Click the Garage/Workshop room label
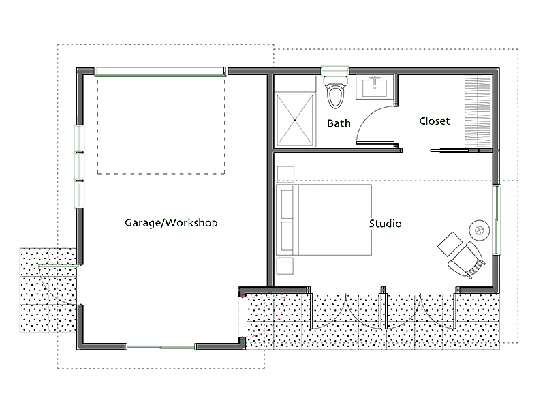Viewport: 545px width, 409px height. click(171, 223)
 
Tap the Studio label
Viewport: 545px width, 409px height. click(385, 224)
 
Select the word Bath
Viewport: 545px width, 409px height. click(339, 123)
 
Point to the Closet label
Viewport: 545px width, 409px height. click(434, 121)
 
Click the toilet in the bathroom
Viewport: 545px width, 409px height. click(335, 91)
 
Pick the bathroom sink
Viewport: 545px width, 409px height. click(375, 87)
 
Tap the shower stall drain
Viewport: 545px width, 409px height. click(295, 120)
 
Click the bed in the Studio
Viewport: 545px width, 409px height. click(324, 219)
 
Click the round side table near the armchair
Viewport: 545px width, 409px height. click(480, 230)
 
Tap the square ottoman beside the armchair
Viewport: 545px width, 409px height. click(450, 244)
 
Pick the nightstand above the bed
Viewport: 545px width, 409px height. click(285, 174)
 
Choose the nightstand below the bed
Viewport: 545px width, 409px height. click(285, 266)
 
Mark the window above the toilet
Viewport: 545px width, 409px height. click(334, 71)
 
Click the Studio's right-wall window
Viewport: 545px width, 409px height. click(497, 219)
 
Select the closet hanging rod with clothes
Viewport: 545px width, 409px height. click(478, 111)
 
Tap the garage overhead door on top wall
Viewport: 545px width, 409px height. click(161, 72)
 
